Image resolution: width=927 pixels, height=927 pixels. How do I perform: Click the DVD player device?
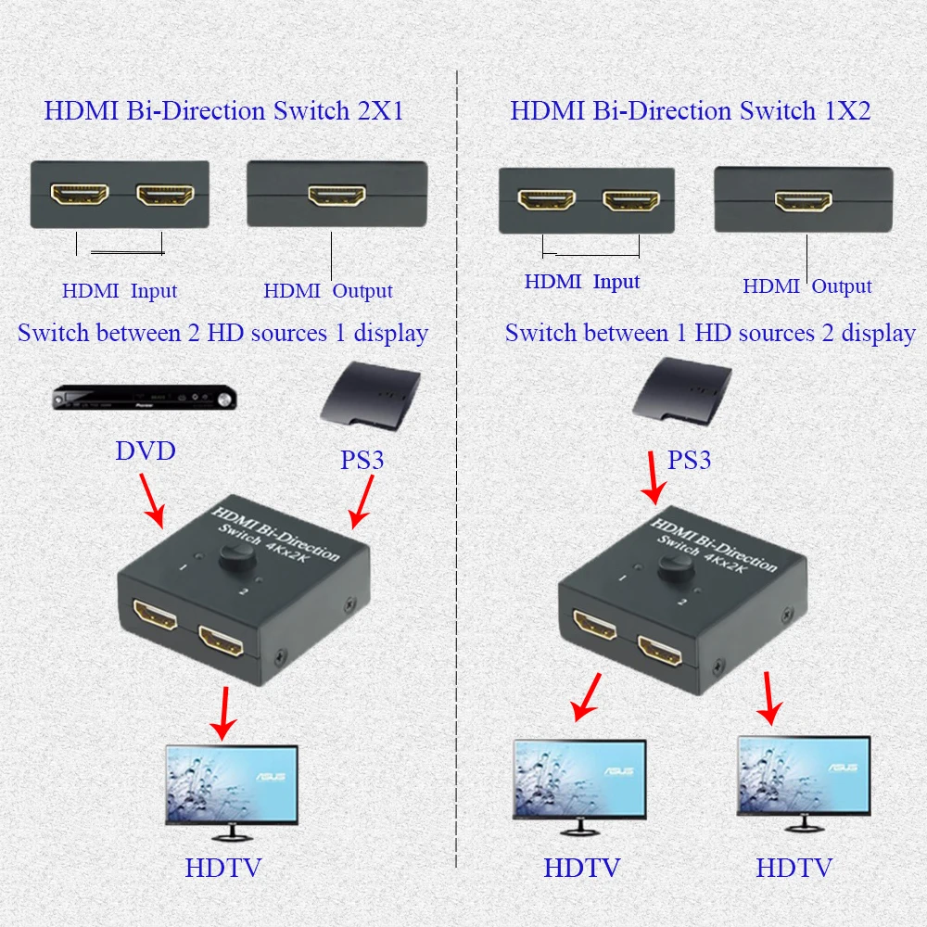[145, 398]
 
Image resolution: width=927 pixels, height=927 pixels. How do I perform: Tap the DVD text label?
[146, 451]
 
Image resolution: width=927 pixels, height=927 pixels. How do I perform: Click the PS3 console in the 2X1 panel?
[371, 396]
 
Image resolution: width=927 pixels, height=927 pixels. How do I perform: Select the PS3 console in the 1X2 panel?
[682, 391]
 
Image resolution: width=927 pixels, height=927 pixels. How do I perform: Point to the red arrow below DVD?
[152, 501]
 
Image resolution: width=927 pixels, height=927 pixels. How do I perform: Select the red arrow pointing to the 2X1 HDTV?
[223, 713]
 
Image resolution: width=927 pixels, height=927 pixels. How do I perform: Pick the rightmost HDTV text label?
[794, 868]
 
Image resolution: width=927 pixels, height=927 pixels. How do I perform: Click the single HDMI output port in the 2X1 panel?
[337, 195]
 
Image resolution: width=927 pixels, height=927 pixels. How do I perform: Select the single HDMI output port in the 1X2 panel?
[804, 201]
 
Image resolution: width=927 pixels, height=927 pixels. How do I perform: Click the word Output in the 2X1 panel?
[362, 291]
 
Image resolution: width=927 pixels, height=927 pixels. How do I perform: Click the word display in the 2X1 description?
[391, 334]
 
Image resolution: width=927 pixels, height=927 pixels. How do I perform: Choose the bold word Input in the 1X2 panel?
[616, 282]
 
